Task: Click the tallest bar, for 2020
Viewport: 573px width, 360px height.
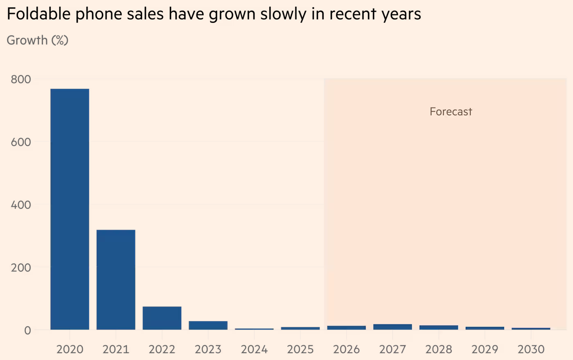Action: tap(70, 209)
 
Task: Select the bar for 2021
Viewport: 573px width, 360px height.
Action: tap(116, 280)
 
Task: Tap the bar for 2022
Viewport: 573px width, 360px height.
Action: tap(162, 318)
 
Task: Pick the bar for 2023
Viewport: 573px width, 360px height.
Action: tap(208, 326)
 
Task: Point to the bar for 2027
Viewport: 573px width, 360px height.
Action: tap(393, 327)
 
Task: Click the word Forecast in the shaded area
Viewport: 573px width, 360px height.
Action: tap(451, 112)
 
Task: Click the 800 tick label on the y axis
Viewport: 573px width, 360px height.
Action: tap(21, 79)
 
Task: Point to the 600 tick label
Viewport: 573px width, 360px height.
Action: tap(21, 142)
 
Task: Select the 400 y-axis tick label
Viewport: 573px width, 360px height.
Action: tap(21, 205)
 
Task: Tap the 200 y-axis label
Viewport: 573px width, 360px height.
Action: tap(21, 268)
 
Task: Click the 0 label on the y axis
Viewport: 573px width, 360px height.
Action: tap(28, 331)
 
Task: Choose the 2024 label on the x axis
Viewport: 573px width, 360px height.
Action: tap(254, 349)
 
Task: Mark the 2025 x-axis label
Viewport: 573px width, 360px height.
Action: tap(300, 349)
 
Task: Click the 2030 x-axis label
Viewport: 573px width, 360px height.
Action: tap(531, 349)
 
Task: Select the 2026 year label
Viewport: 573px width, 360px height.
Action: tap(346, 349)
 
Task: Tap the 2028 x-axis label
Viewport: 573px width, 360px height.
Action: tap(439, 349)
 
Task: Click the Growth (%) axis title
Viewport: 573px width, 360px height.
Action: tap(38, 40)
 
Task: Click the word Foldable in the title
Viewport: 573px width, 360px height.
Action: tap(38, 13)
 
